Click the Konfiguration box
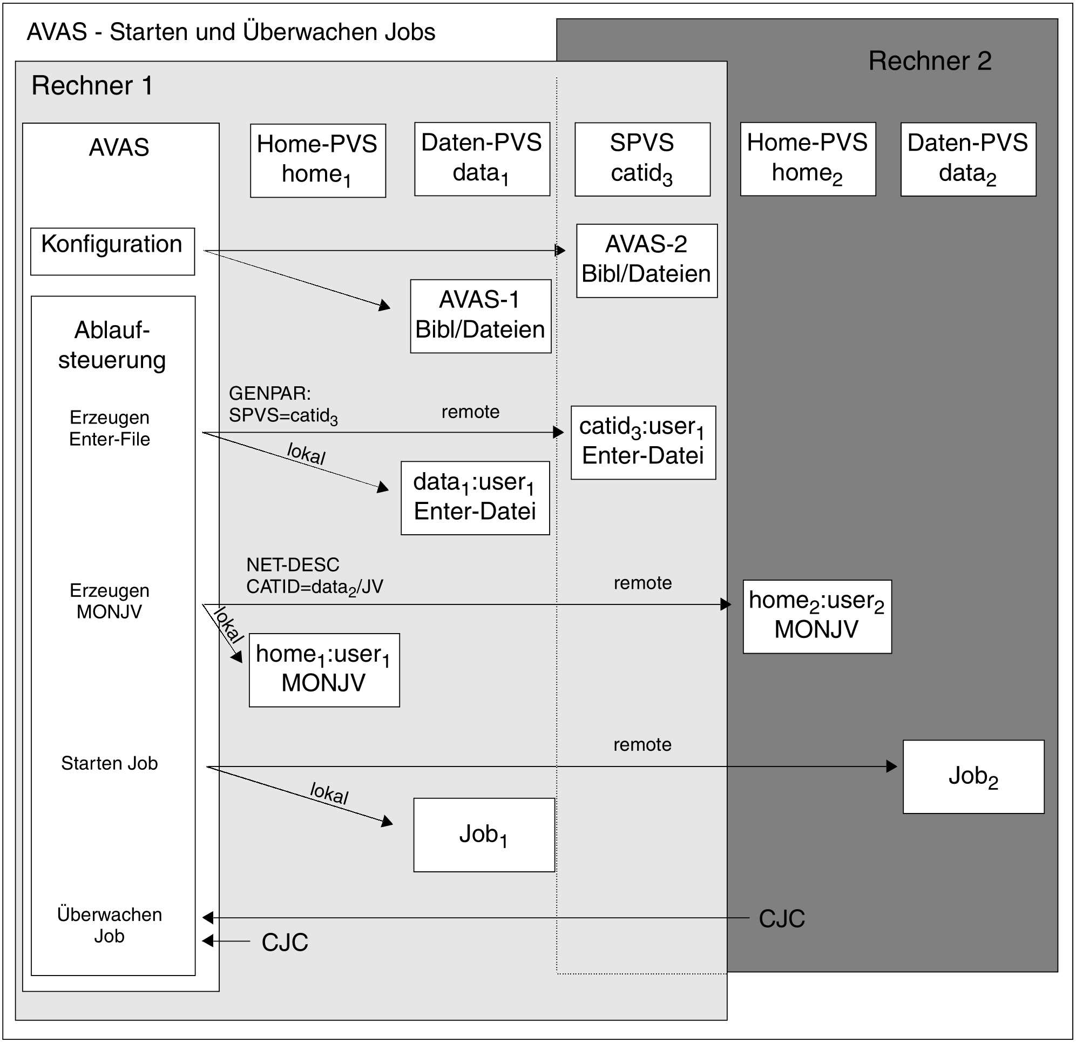pyautogui.click(x=112, y=252)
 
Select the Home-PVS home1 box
pyautogui.click(x=318, y=160)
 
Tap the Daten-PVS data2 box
pyautogui.click(x=969, y=159)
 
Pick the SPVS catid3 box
pyautogui.click(x=642, y=159)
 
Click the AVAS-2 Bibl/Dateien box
pyautogui.click(x=647, y=261)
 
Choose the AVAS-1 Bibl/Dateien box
pyautogui.click(x=481, y=317)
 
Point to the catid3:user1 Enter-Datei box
pyautogui.click(x=644, y=443)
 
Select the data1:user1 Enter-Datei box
pyautogui.click(x=476, y=498)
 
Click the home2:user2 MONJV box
pyautogui.click(x=817, y=617)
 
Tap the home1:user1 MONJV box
pyautogui.click(x=324, y=670)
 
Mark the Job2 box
pyautogui.click(x=973, y=777)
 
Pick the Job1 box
pyautogui.click(x=484, y=835)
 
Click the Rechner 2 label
pyautogui.click(x=930, y=61)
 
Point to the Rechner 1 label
pyautogui.click(x=92, y=86)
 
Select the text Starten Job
pyautogui.click(x=109, y=763)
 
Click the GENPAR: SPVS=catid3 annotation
pyautogui.click(x=283, y=405)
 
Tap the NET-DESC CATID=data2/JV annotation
pyautogui.click(x=315, y=576)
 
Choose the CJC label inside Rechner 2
pyautogui.click(x=782, y=919)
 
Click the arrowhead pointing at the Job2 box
pyautogui.click(x=891, y=767)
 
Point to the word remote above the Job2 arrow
pyautogui.click(x=642, y=745)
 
